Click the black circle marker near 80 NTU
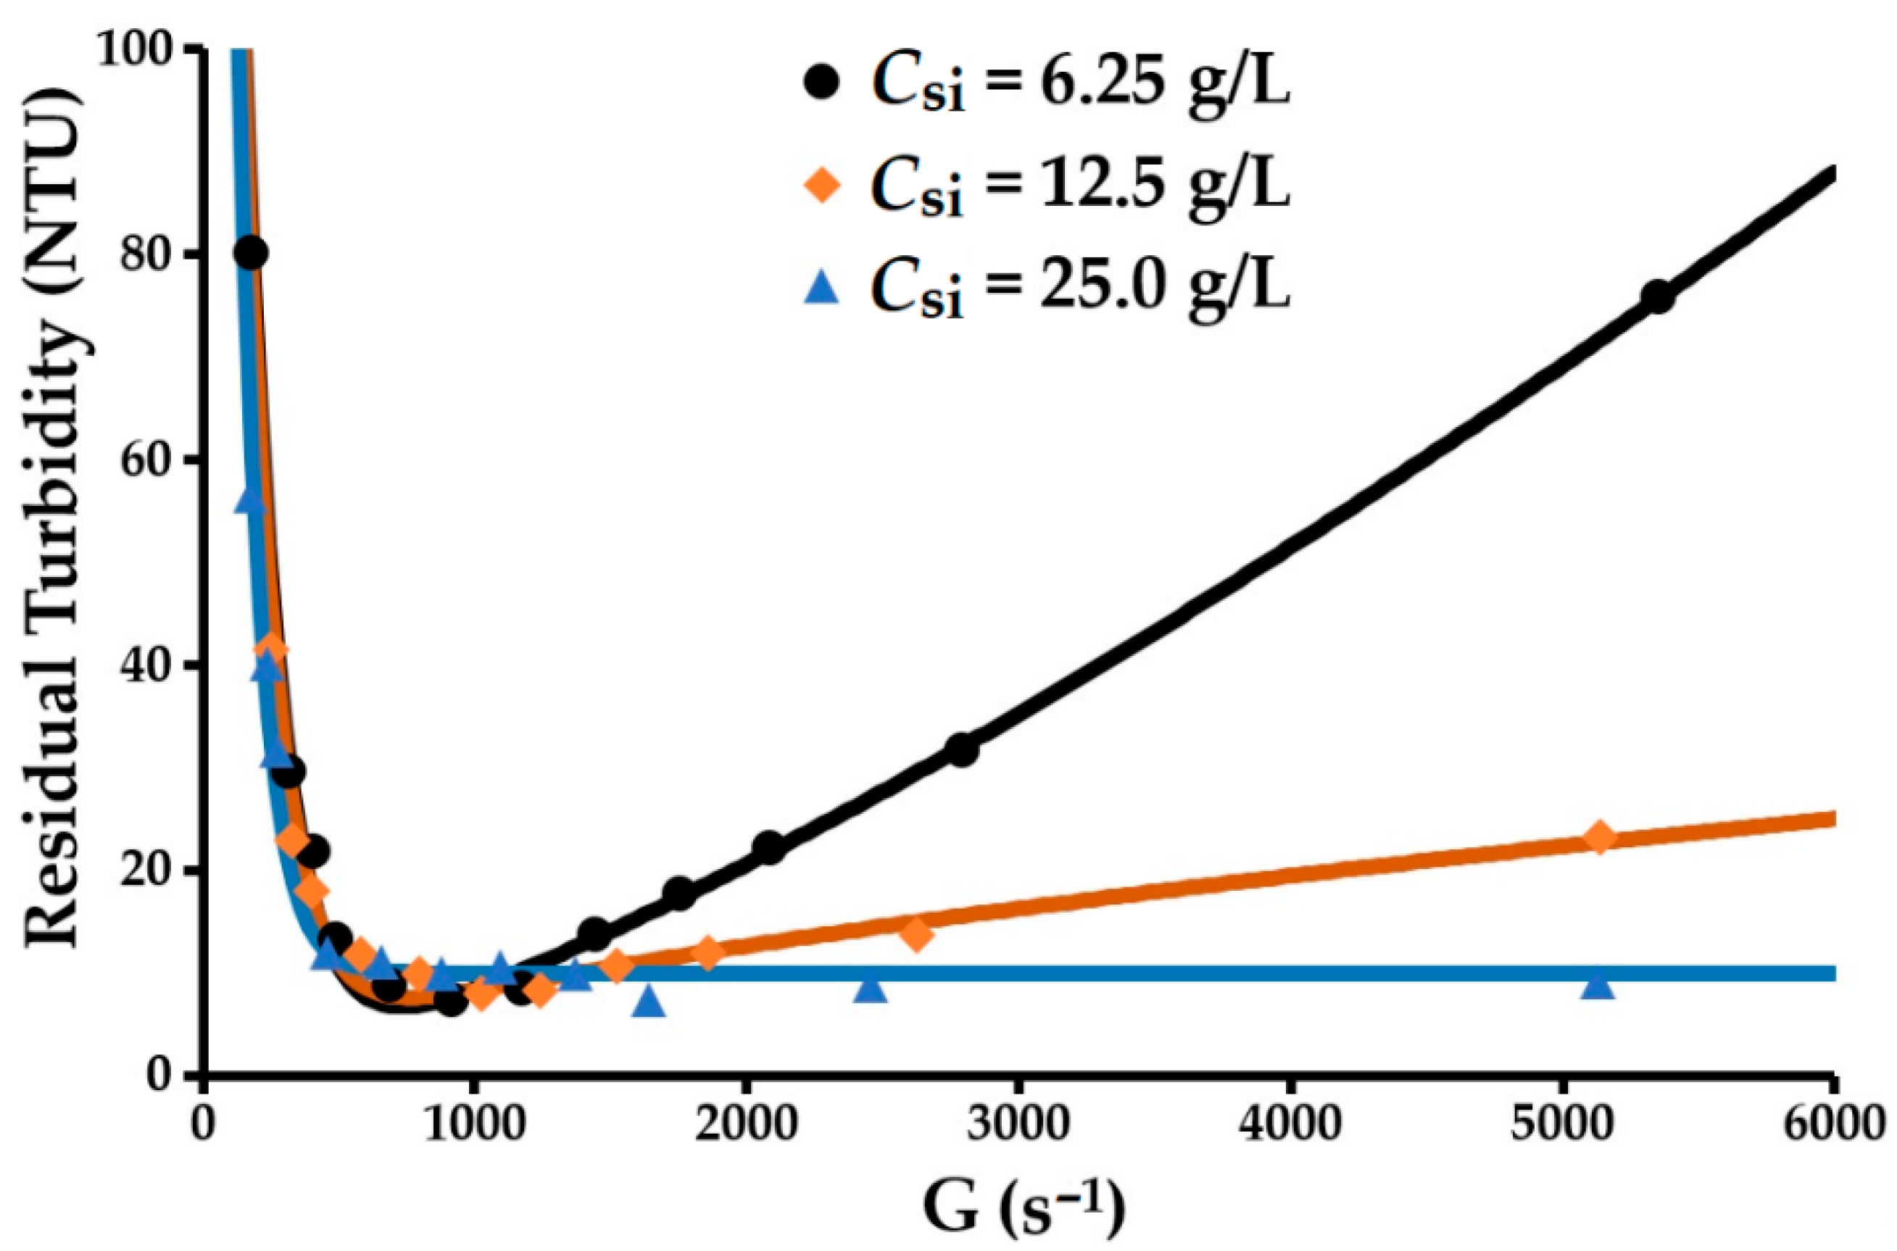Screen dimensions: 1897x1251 point(251,253)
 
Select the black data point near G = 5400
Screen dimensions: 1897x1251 point(1656,296)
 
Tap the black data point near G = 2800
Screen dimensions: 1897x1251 point(962,749)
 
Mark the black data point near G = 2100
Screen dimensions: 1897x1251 point(769,847)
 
